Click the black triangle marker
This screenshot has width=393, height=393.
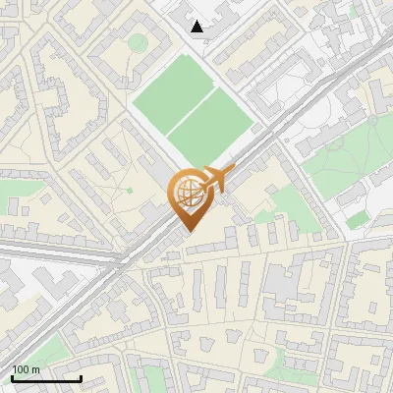197,27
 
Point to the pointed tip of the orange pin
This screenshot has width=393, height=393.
190,231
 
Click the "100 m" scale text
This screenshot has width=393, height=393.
26,369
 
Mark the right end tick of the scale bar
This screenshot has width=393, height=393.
81,378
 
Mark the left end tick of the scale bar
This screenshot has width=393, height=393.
11,378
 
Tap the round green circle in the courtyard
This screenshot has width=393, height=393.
138,42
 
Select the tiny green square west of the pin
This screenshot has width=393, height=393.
130,190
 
